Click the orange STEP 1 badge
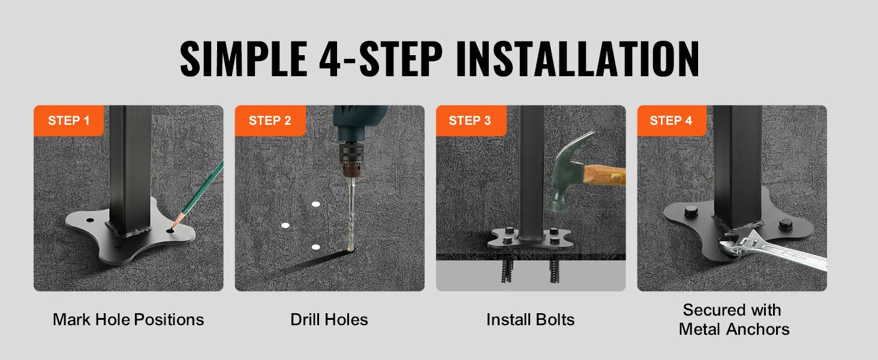[x=68, y=121]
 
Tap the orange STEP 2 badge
[x=270, y=121]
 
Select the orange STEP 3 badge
[x=470, y=121]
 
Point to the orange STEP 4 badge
[x=671, y=121]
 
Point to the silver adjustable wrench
[x=774, y=253]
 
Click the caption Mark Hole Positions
[x=128, y=319]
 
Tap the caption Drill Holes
[x=329, y=319]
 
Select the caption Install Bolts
[x=530, y=319]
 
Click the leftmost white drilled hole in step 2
[x=285, y=226]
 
